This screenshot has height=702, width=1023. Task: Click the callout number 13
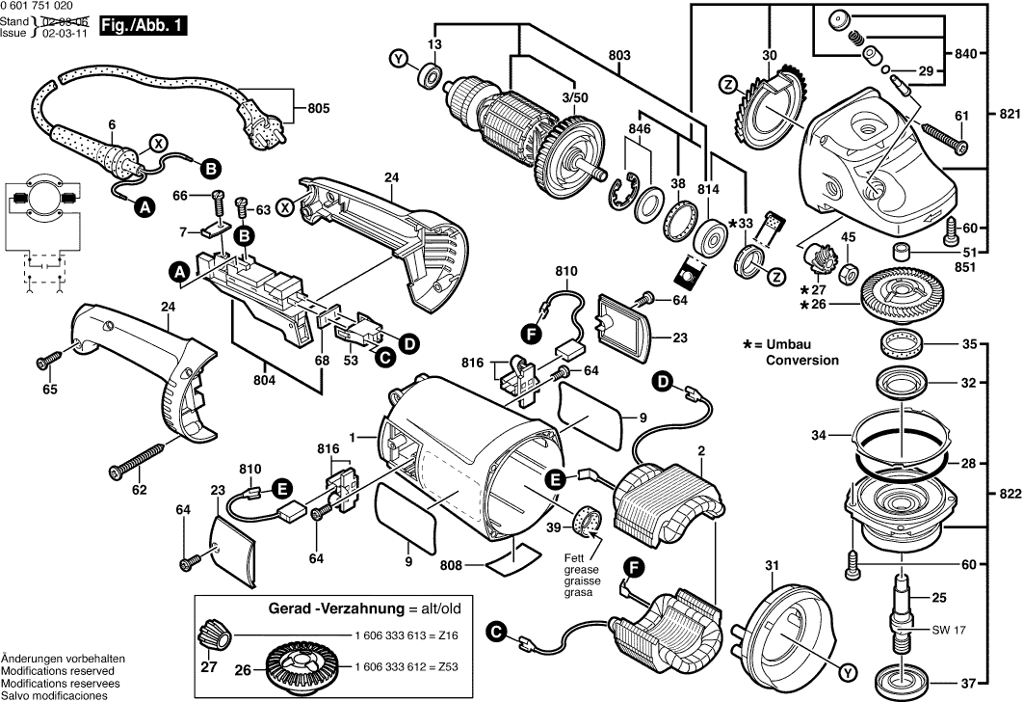point(434,45)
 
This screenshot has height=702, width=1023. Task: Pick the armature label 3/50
point(573,98)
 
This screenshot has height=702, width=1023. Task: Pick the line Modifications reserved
point(58,670)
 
